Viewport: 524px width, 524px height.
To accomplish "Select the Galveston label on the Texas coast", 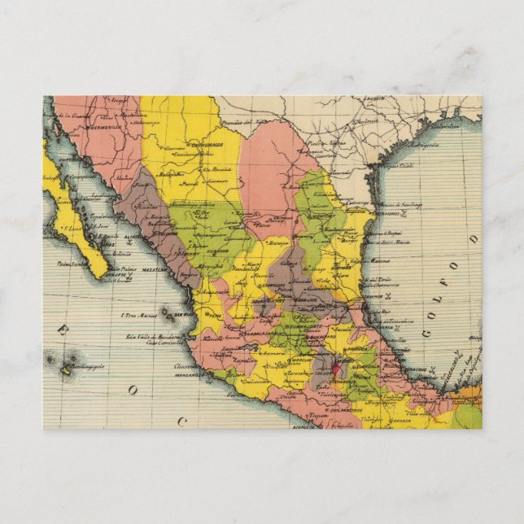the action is (x=444, y=127).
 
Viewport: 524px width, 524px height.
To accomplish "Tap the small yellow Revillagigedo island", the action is (x=66, y=371).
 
